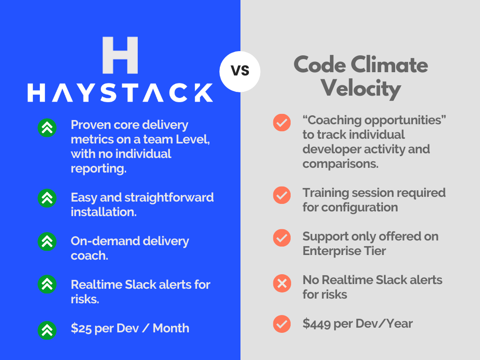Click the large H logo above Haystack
click(x=120, y=55)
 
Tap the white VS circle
click(x=240, y=72)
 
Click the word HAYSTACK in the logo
click(x=120, y=93)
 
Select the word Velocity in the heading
click(x=361, y=89)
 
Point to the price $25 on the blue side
click(x=81, y=328)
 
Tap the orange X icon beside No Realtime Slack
click(x=282, y=283)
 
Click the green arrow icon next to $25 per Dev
click(x=47, y=330)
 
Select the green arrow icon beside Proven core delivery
click(x=47, y=127)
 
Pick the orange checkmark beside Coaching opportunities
click(x=282, y=122)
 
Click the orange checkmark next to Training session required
click(x=282, y=195)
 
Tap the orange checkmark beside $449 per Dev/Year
click(x=282, y=324)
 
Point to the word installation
click(x=104, y=212)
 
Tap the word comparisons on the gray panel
click(x=340, y=164)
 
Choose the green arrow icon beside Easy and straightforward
click(x=47, y=198)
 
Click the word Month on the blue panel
click(x=171, y=328)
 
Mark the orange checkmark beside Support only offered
click(x=282, y=238)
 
